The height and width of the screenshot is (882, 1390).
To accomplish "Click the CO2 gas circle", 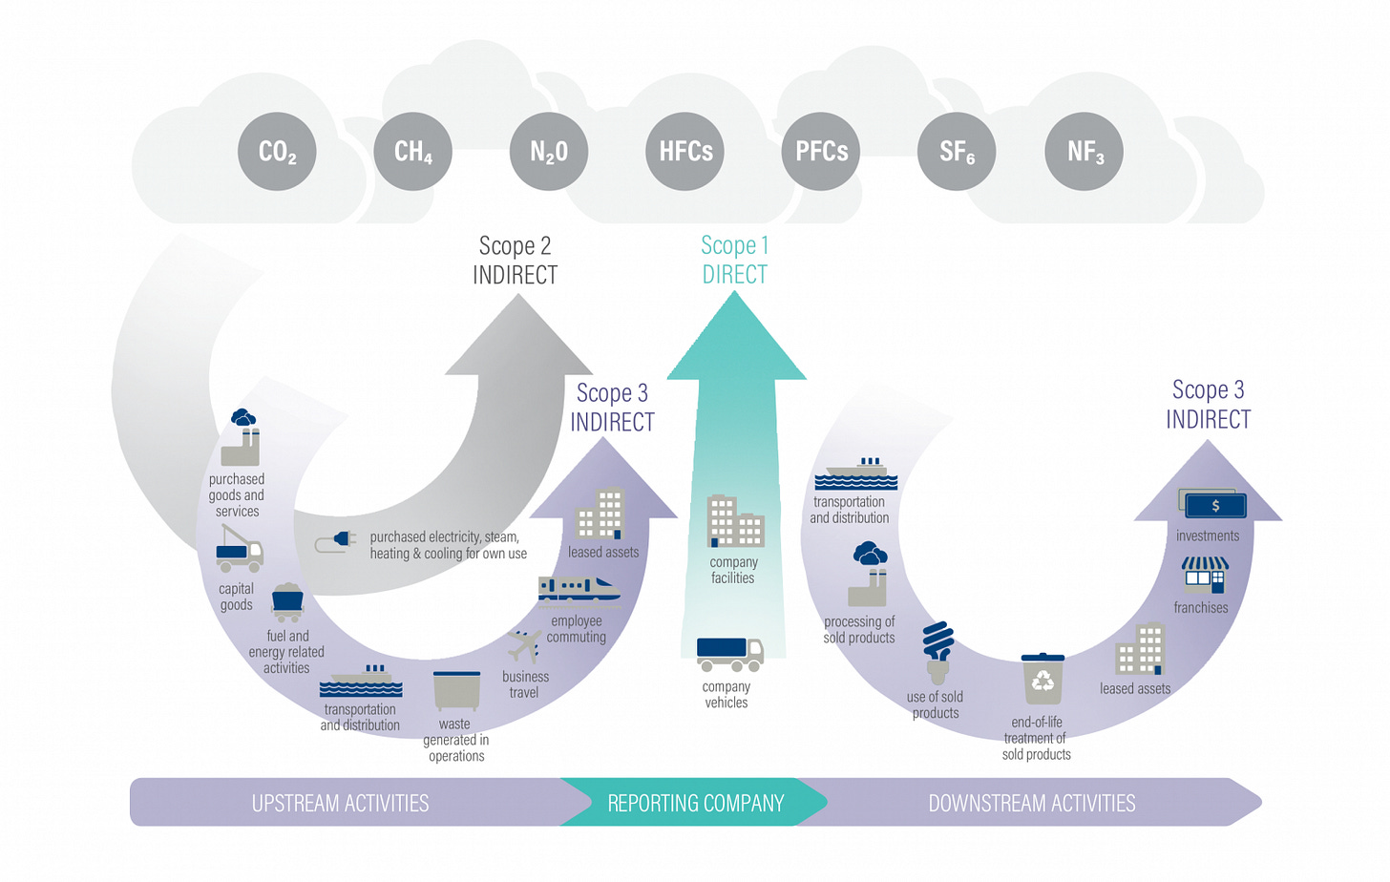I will (277, 152).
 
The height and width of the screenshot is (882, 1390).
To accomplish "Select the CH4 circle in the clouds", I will (412, 152).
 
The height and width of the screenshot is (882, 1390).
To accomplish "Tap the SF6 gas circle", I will (957, 152).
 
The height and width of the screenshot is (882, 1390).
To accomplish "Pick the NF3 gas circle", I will (1085, 152).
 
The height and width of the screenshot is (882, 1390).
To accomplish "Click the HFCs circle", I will (685, 152).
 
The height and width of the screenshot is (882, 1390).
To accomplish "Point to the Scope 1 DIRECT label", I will (735, 261).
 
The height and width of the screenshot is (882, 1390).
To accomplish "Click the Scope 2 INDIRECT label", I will (516, 261).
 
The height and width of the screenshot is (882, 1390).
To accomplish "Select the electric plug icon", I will (336, 542).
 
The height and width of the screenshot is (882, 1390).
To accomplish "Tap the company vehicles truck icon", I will (730, 654).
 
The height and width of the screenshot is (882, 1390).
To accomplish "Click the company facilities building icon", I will (735, 521).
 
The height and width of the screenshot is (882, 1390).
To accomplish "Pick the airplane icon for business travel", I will (525, 646).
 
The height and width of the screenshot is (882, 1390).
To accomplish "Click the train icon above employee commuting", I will (579, 591).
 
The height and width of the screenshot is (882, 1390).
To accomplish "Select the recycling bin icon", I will (1042, 679).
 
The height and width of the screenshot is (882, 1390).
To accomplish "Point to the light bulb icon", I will (938, 652).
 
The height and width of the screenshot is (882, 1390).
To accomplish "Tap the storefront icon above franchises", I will (1205, 575).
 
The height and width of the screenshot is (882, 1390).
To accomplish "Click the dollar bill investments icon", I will (1212, 504).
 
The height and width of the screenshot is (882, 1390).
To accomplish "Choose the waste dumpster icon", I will (456, 690).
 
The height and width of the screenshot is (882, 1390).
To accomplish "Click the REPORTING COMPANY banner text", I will (695, 804).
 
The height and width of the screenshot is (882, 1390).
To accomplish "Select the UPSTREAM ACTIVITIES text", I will (340, 804).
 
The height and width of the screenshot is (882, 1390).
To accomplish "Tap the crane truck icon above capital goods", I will (240, 548).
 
